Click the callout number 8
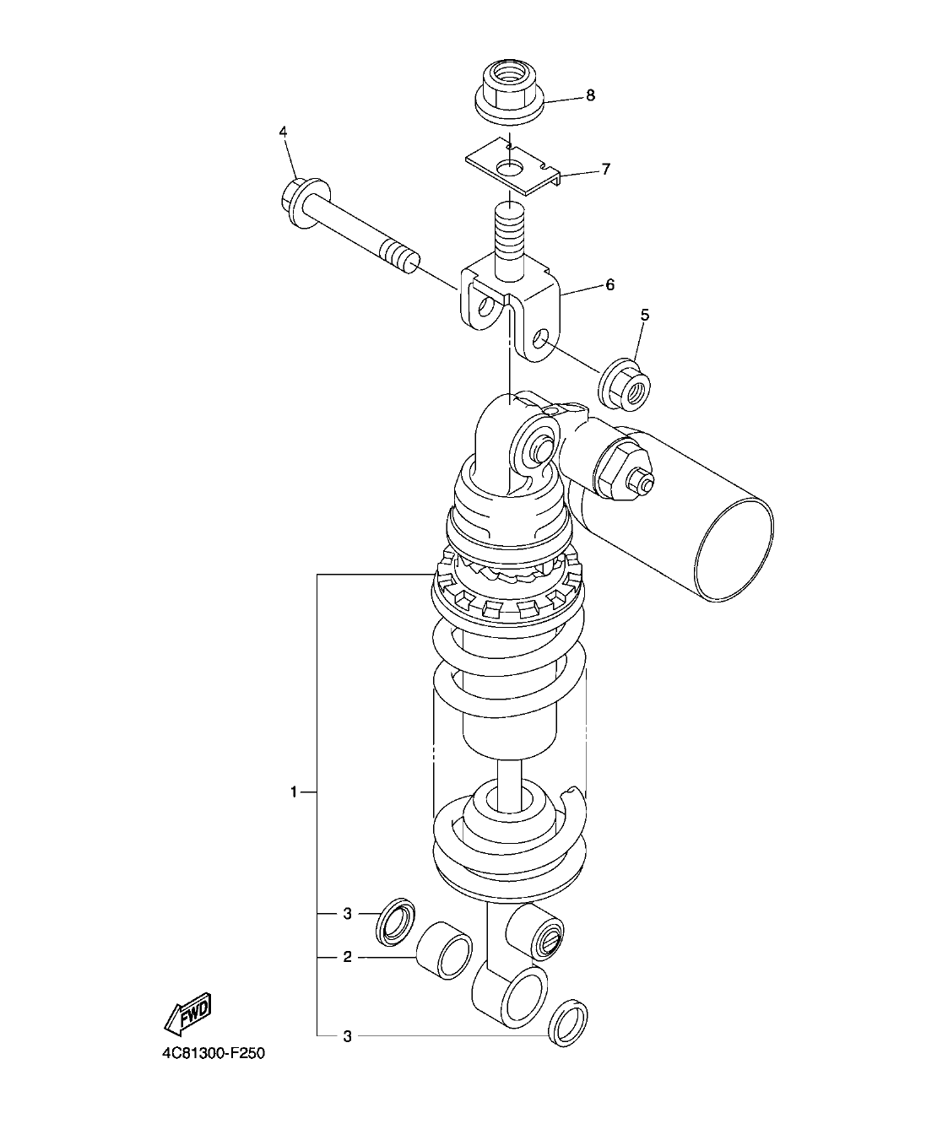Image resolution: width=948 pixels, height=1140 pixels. (x=590, y=95)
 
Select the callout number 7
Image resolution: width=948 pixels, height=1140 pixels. (x=605, y=170)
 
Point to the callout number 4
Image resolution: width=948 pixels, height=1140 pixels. (x=284, y=132)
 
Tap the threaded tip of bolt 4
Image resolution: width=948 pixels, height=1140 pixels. (x=402, y=257)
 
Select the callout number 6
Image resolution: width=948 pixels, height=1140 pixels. (x=609, y=285)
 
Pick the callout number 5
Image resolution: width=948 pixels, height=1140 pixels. (x=645, y=315)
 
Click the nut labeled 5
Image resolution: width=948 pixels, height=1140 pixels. (x=626, y=385)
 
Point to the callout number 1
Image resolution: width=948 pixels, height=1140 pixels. (x=294, y=792)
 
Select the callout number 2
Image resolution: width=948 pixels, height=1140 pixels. (x=347, y=958)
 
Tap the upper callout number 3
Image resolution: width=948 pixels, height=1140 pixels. (x=347, y=914)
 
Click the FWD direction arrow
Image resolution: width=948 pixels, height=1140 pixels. (x=187, y=1015)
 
